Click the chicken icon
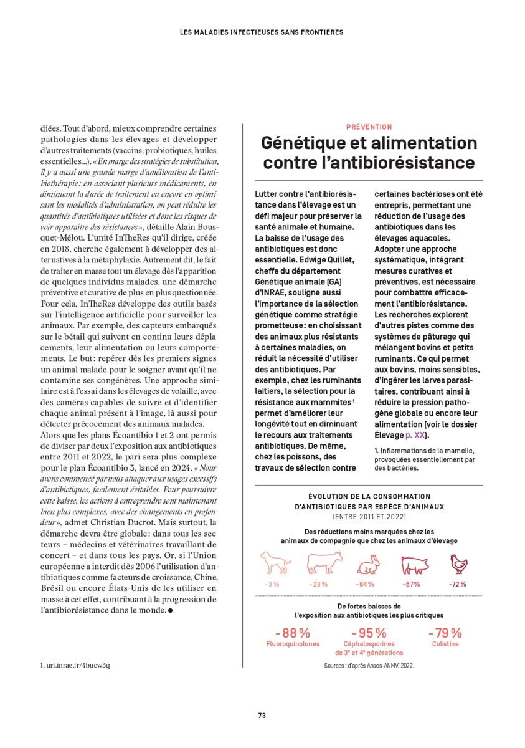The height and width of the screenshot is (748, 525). tap(458, 563)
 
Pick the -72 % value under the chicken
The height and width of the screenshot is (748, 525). tap(458, 584)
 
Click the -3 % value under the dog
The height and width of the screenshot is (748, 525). tap(272, 584)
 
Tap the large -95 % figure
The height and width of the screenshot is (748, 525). tap(369, 633)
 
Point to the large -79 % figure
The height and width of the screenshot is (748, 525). tap(445, 633)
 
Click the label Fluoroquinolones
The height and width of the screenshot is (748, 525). tap(293, 644)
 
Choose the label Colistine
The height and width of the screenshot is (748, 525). tap(445, 644)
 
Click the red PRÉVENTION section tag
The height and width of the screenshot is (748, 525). tap(369, 127)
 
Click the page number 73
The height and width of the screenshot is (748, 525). tap(262, 716)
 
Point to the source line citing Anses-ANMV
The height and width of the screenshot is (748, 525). tap(369, 666)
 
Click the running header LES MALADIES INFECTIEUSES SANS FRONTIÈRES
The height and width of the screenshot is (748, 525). tap(262, 32)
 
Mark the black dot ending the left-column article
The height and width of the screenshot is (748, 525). tap(170, 610)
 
